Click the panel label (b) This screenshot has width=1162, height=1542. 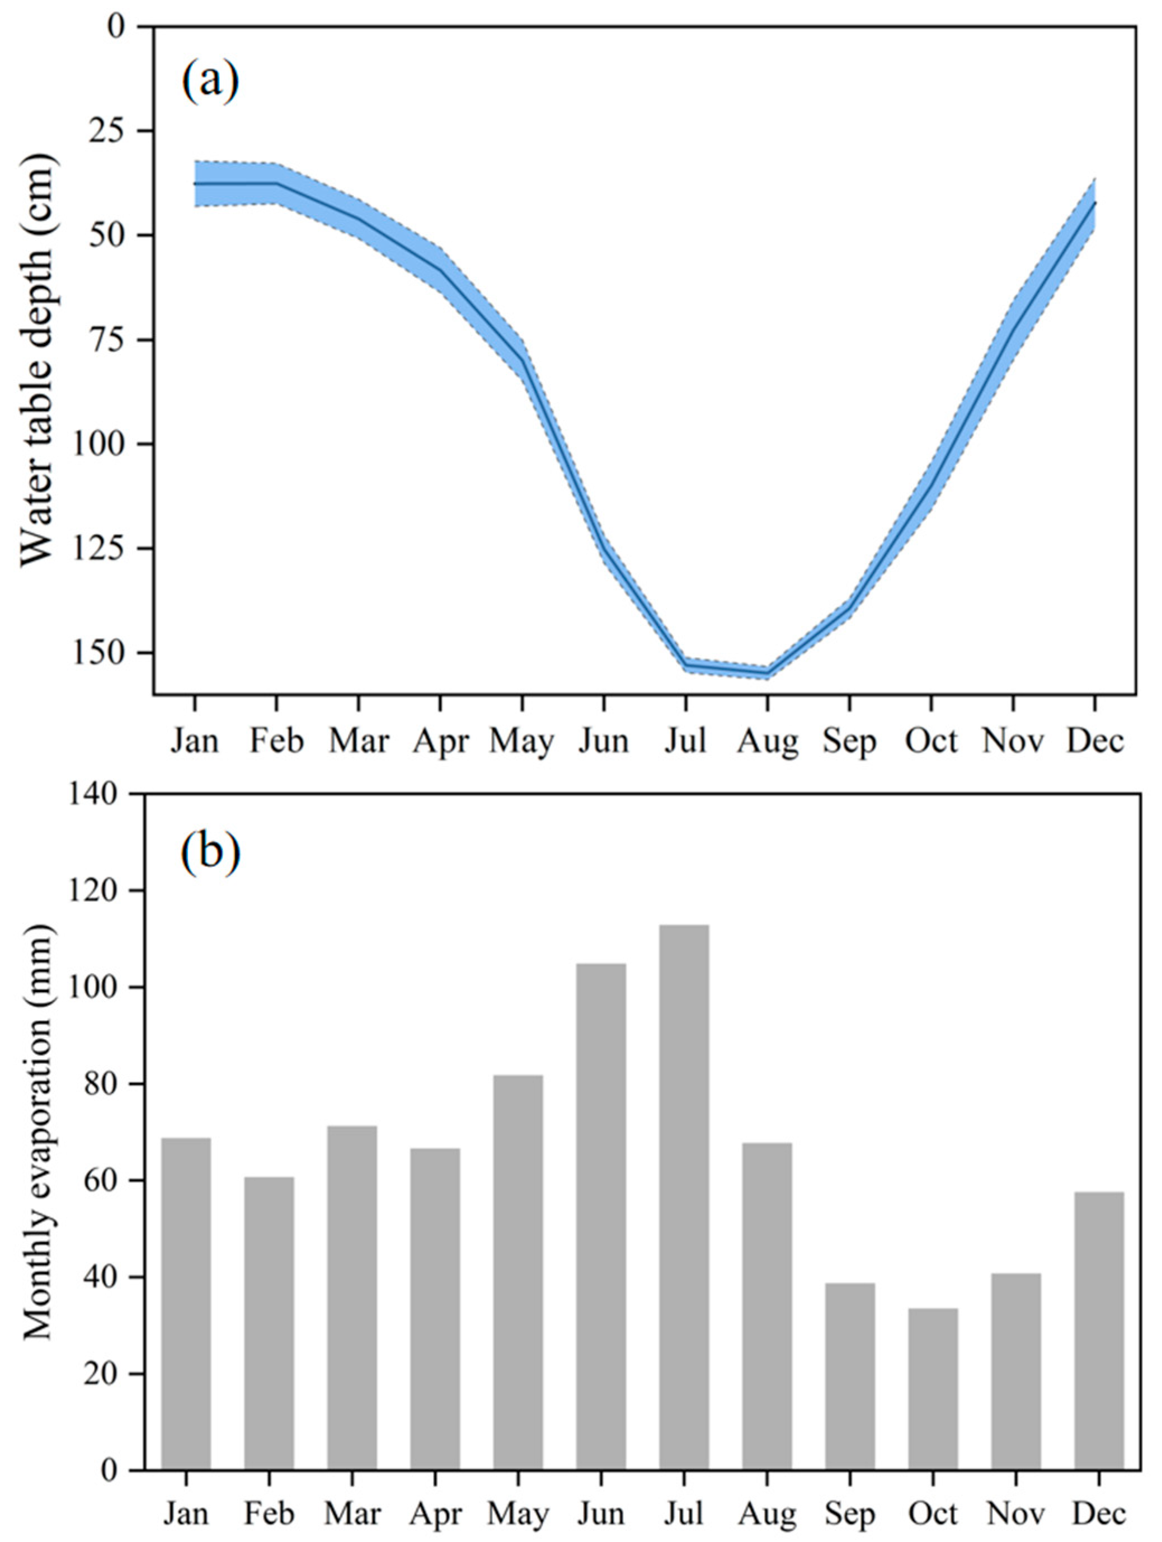click(211, 852)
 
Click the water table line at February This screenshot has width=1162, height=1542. click(277, 183)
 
